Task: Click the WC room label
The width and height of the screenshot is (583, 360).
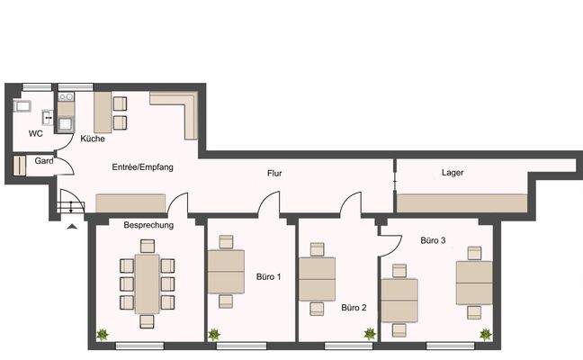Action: point(36,133)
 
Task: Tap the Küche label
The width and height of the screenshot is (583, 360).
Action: point(93,139)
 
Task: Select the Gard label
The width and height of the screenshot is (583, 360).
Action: point(42,161)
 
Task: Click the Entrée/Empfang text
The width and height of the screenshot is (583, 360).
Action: point(142,167)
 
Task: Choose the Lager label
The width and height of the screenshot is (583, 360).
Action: point(453,172)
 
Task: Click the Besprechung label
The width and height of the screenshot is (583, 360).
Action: point(148,225)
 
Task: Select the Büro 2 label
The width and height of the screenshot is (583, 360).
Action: point(354,308)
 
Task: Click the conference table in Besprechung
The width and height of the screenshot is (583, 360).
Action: point(147,283)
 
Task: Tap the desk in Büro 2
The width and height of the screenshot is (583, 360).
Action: point(317,277)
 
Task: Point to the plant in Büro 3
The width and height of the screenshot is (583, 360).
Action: point(486,335)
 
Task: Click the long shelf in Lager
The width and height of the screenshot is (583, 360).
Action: point(462,202)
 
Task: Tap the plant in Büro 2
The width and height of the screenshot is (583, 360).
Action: point(369,335)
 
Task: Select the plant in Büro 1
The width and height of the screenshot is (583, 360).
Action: point(214,335)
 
